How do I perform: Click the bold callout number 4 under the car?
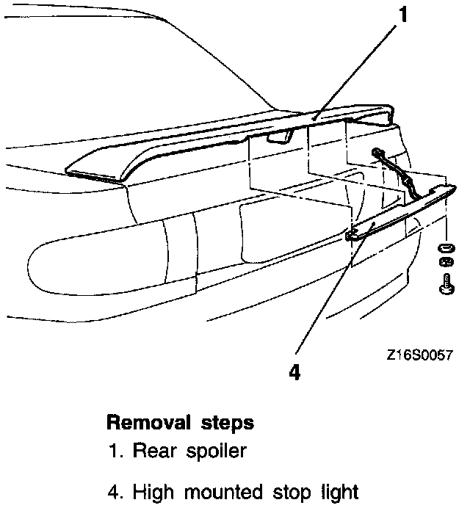(x=294, y=372)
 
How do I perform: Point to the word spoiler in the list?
(x=212, y=451)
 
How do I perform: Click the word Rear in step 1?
(x=151, y=451)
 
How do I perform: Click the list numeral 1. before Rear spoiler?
(x=116, y=451)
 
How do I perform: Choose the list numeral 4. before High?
(x=116, y=491)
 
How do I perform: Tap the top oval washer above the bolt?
(x=445, y=246)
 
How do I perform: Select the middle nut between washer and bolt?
(x=445, y=263)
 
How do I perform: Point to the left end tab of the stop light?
(x=352, y=235)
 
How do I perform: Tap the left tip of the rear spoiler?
(x=70, y=171)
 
